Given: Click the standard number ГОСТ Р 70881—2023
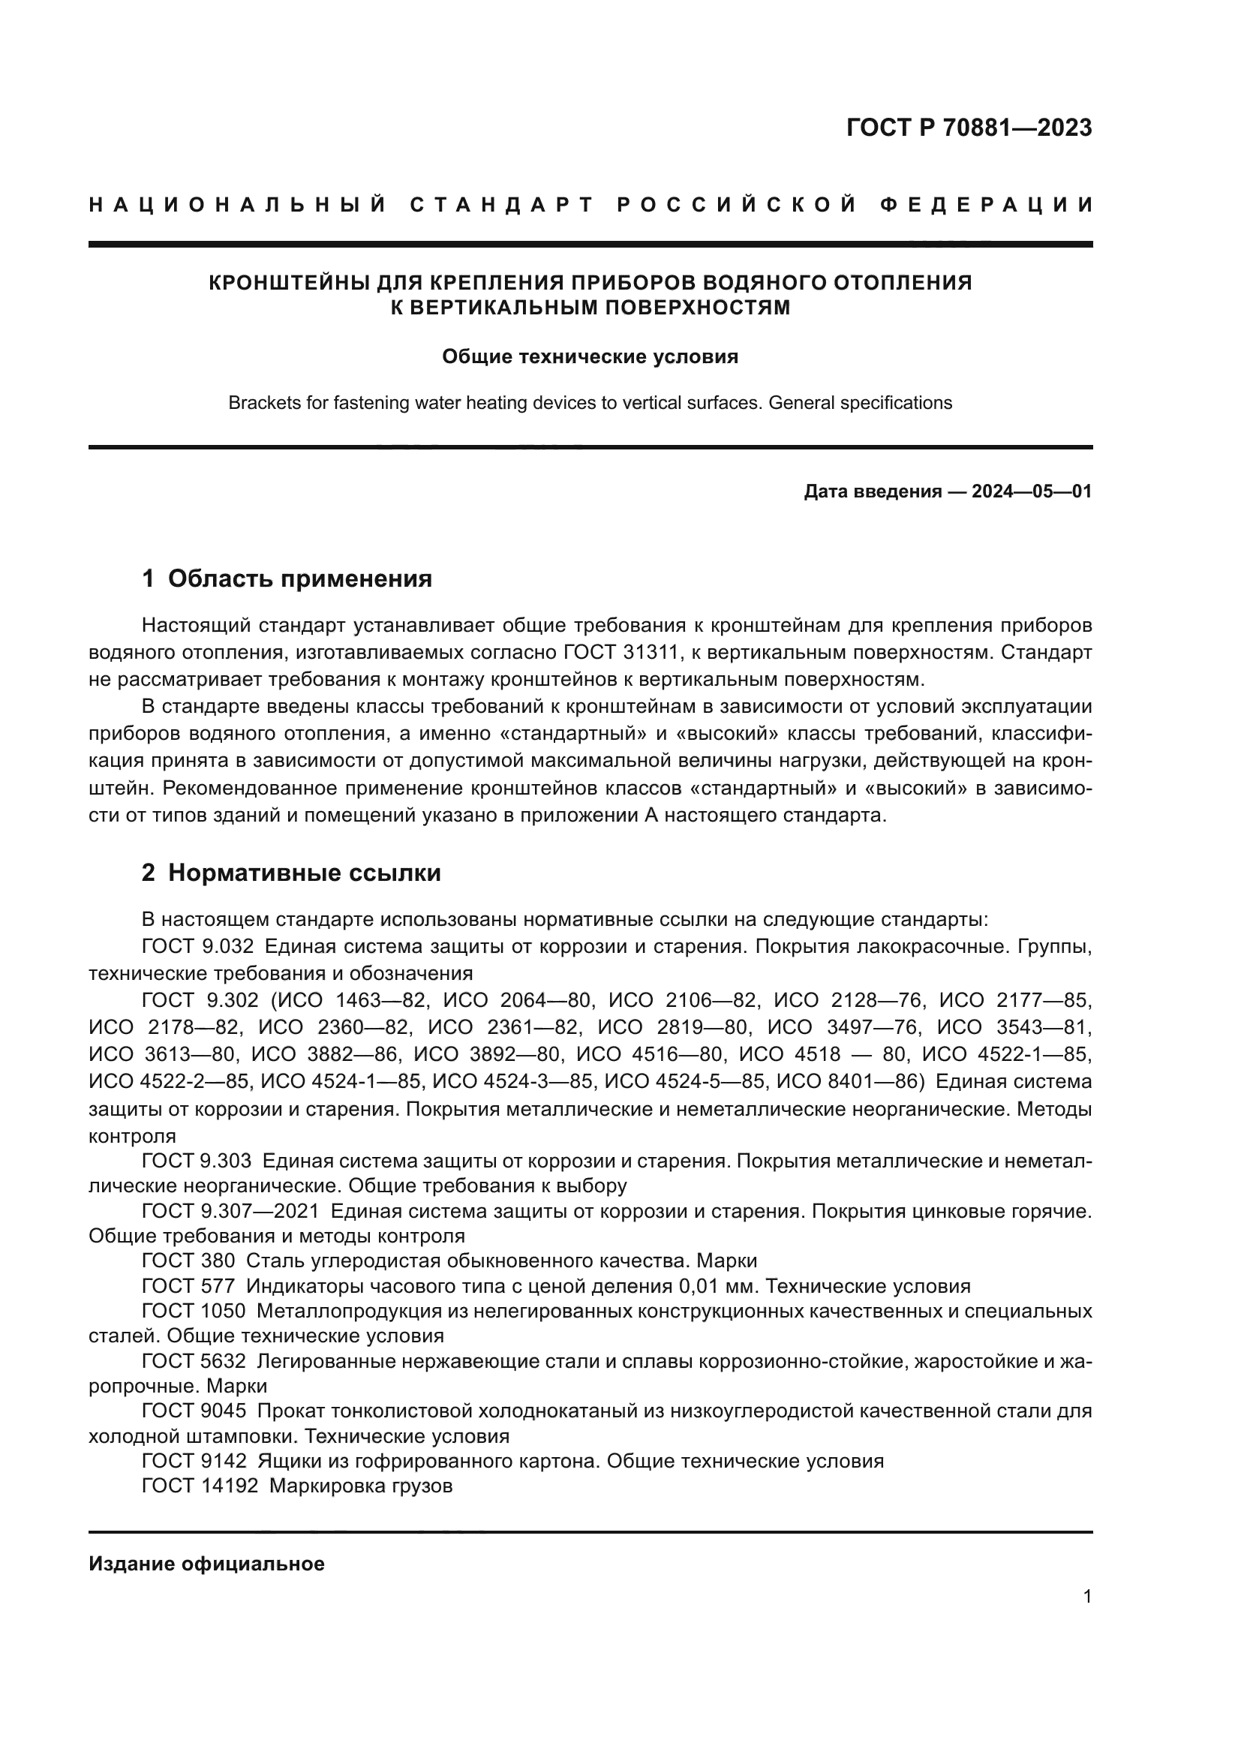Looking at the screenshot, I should pos(969,128).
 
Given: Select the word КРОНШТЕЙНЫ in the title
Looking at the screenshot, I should pos(290,283).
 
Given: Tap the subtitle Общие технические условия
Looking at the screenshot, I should pos(590,357).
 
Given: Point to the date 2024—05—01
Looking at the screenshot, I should pos(1032,491).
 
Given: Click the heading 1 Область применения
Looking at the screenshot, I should pos(287,578).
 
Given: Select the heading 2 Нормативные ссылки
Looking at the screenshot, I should pos(291,873).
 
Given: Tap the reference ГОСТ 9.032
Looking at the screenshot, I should pos(197,946).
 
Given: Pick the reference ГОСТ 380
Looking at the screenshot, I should pos(188,1261).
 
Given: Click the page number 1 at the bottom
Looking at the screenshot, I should pos(1086,1597).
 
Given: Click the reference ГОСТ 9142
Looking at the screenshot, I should pos(194,1461).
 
